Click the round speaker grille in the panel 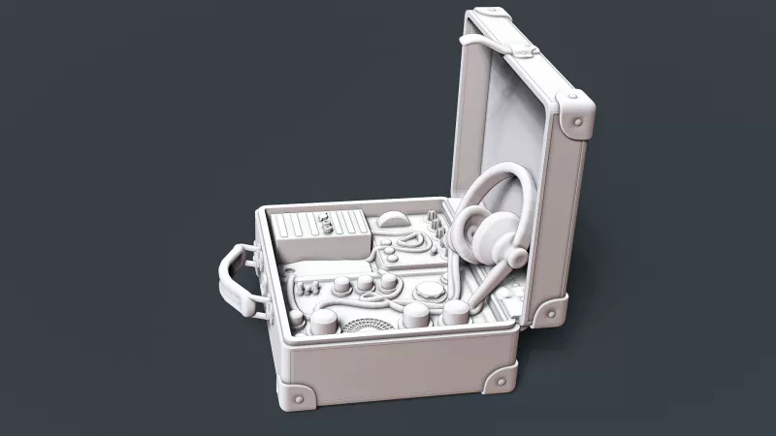(367, 324)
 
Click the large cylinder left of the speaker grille (323, 323)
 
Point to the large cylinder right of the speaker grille (417, 313)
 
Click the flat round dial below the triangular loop (428, 290)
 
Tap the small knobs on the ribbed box (327, 225)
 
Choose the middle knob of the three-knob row (364, 284)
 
